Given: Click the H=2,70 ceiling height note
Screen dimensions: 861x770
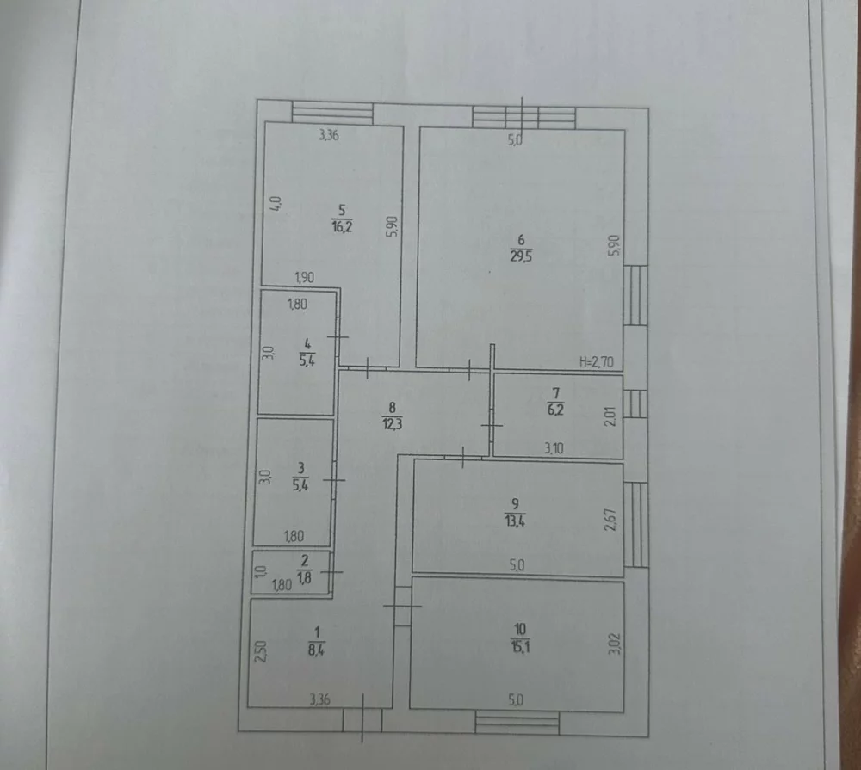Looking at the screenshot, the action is pos(597,362).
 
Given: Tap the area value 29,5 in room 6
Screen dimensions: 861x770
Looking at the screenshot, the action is pos(521,256).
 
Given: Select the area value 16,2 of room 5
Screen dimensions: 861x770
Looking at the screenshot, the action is pos(342,226).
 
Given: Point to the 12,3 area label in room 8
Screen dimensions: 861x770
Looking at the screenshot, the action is pos(392,424).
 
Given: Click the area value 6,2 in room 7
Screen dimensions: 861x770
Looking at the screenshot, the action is pos(555,410).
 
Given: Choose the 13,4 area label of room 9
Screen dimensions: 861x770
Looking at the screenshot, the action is pos(515,521).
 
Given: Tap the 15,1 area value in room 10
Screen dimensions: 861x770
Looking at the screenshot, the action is pos(519,646).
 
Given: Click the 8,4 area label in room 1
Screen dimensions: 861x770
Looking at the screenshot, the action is pos(316,650).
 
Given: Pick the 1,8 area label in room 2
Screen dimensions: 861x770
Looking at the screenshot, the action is pos(304,576).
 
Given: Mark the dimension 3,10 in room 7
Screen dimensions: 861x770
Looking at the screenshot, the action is pos(554,448).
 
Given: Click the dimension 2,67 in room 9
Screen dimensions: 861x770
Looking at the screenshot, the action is pos(610,519).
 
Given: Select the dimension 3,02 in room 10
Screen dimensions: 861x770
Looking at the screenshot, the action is pos(615,644).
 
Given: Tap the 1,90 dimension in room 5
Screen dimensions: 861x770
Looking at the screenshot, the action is pos(305,277).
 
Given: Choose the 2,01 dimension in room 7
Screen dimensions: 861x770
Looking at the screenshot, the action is pos(610,416).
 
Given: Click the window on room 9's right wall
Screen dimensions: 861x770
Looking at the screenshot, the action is pos(636,524).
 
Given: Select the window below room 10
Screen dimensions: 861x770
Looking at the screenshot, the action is pos(517,723).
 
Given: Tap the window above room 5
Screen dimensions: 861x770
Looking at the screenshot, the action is pos(332,112).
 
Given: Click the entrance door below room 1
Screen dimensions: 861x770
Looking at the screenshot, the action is pos(362,719).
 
